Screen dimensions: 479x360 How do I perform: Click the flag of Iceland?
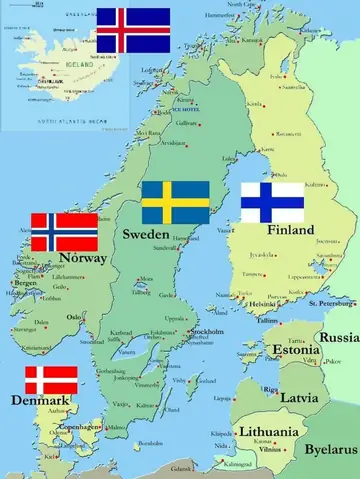click(x=133, y=30)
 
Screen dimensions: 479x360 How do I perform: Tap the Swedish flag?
click(x=175, y=202)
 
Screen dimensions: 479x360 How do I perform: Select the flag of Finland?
click(x=272, y=202)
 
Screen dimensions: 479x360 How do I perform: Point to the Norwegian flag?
click(x=64, y=232)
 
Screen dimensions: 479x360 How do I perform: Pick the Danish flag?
click(x=50, y=380)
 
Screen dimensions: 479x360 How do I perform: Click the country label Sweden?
click(x=146, y=233)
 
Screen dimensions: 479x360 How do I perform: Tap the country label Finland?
click(x=290, y=230)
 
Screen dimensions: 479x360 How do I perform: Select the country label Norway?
click(x=83, y=258)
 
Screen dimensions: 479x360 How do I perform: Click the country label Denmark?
click(x=41, y=401)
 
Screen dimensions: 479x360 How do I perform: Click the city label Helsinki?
click(x=262, y=304)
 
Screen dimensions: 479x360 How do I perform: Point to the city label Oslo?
click(x=74, y=317)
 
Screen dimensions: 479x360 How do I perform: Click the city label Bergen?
click(x=26, y=283)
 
